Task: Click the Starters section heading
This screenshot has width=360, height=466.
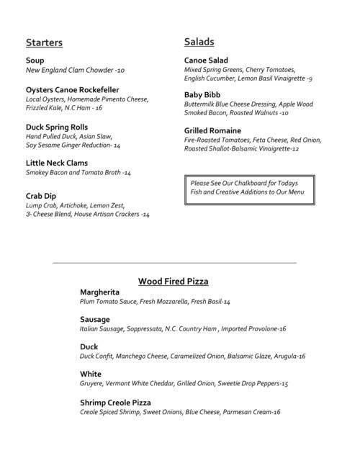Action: [44, 42]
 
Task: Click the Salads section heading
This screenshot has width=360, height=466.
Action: [199, 42]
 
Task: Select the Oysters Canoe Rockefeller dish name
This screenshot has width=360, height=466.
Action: [72, 89]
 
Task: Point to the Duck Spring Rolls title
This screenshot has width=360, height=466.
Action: [57, 126]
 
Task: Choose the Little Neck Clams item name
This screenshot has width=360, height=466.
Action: [56, 163]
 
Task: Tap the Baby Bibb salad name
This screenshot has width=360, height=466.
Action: [202, 95]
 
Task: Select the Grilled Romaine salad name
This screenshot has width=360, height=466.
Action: [212, 130]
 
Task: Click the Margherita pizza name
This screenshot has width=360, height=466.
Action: [99, 292]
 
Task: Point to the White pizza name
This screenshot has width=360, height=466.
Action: [91, 375]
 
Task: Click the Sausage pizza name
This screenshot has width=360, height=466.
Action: [95, 320]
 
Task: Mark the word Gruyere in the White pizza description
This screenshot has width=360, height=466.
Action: [91, 385]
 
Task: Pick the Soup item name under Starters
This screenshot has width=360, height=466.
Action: [35, 61]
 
